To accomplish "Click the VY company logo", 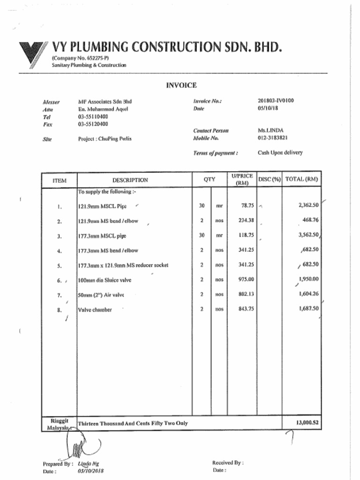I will [x=32, y=54].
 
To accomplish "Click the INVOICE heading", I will [x=181, y=85].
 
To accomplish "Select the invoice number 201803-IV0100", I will [x=276, y=101].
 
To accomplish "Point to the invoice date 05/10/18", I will [x=268, y=109].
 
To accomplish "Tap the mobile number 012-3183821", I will [x=272, y=138].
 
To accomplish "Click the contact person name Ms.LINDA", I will [x=270, y=130].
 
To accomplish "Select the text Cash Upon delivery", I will [x=280, y=153].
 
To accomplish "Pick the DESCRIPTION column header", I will [x=130, y=180].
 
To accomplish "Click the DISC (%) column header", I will [x=269, y=180].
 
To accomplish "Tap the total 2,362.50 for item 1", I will [x=308, y=205].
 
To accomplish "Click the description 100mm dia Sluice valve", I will [x=105, y=280].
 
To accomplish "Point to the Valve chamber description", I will [x=95, y=309].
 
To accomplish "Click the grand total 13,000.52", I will [x=307, y=422].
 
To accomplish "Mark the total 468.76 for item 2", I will [x=310, y=219].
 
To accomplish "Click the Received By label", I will [x=227, y=463].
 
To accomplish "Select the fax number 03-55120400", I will [x=93, y=124].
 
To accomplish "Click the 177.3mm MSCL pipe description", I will [x=102, y=236].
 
